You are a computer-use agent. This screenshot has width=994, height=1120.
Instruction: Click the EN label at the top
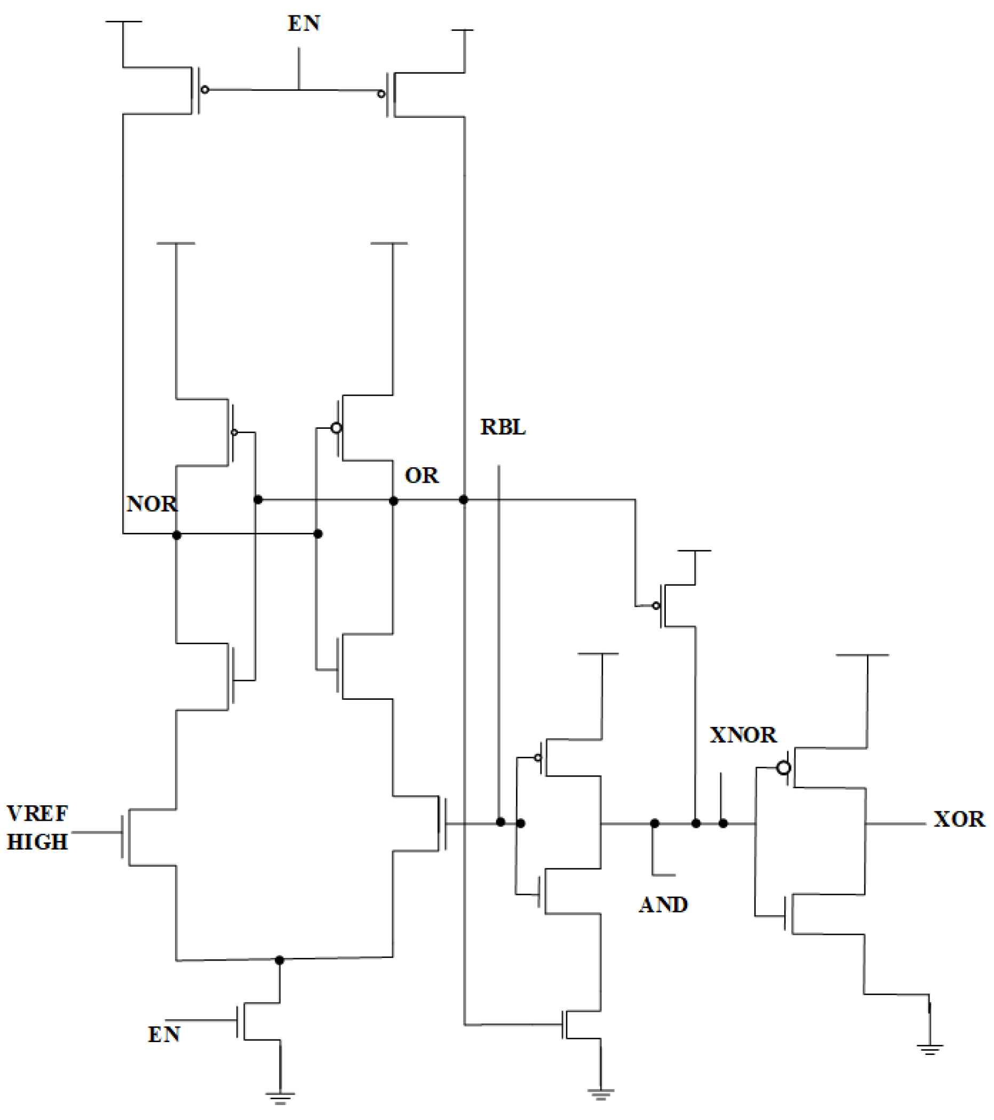pos(304,23)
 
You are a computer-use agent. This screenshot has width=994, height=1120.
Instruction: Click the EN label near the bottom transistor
pos(164,1035)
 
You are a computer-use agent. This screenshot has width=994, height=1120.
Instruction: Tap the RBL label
pos(503,427)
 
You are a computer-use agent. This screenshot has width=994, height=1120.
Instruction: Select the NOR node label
pos(152,503)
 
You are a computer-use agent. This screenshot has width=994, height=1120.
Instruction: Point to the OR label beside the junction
pos(422,475)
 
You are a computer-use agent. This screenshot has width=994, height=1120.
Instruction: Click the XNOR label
pos(743,735)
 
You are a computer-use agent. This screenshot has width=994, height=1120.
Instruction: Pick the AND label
pos(663,905)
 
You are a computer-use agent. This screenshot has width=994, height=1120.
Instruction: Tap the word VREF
pos(37,814)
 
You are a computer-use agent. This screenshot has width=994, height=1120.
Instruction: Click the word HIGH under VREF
pos(37,842)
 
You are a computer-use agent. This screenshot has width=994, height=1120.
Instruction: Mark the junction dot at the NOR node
pos(177,535)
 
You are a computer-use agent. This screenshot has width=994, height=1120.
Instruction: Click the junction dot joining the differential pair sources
pos(280,960)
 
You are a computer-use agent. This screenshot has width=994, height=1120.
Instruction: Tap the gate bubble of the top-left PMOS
pos(204,89)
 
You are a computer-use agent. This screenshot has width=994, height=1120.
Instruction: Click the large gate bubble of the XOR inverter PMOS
pos(784,767)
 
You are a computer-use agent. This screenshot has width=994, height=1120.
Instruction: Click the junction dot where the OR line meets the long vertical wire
pos(464,499)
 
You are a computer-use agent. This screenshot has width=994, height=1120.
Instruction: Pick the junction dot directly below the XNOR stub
pos(723,823)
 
